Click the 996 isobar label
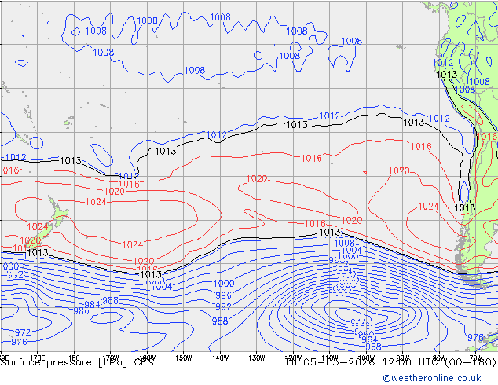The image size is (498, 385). (x=223, y=295)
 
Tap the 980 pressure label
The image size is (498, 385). (x=80, y=311)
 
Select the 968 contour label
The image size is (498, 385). (x=373, y=346)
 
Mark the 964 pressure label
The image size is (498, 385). (x=368, y=339)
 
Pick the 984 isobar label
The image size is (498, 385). (x=92, y=305)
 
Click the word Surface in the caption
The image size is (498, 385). (x=19, y=362)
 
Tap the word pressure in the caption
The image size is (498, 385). (x=65, y=362)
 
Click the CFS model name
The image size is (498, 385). (x=143, y=362)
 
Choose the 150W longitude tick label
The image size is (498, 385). (x=182, y=357)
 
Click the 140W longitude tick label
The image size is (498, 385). (x=219, y=357)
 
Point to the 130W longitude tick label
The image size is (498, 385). (x=256, y=357)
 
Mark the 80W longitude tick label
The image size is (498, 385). (x=439, y=357)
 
